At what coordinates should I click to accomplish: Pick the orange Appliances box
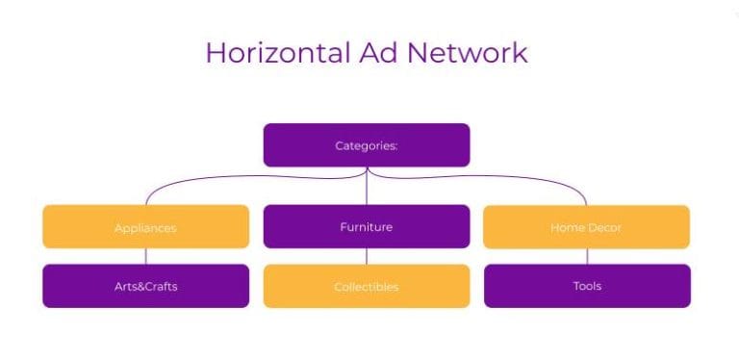pyautogui.click(x=145, y=227)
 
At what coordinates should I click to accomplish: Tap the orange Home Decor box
pyautogui.click(x=586, y=227)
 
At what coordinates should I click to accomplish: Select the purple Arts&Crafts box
pyautogui.click(x=145, y=286)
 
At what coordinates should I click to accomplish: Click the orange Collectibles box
pyautogui.click(x=367, y=286)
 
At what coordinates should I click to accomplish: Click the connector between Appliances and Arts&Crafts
pyautogui.click(x=145, y=256)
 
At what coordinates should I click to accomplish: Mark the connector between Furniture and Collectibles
pyautogui.click(x=367, y=256)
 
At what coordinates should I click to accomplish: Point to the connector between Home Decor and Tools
pyautogui.click(x=587, y=256)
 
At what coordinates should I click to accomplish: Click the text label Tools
pyautogui.click(x=587, y=286)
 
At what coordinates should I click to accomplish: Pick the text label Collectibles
pyautogui.click(x=367, y=287)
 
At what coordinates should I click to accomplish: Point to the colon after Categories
pyautogui.click(x=396, y=146)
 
